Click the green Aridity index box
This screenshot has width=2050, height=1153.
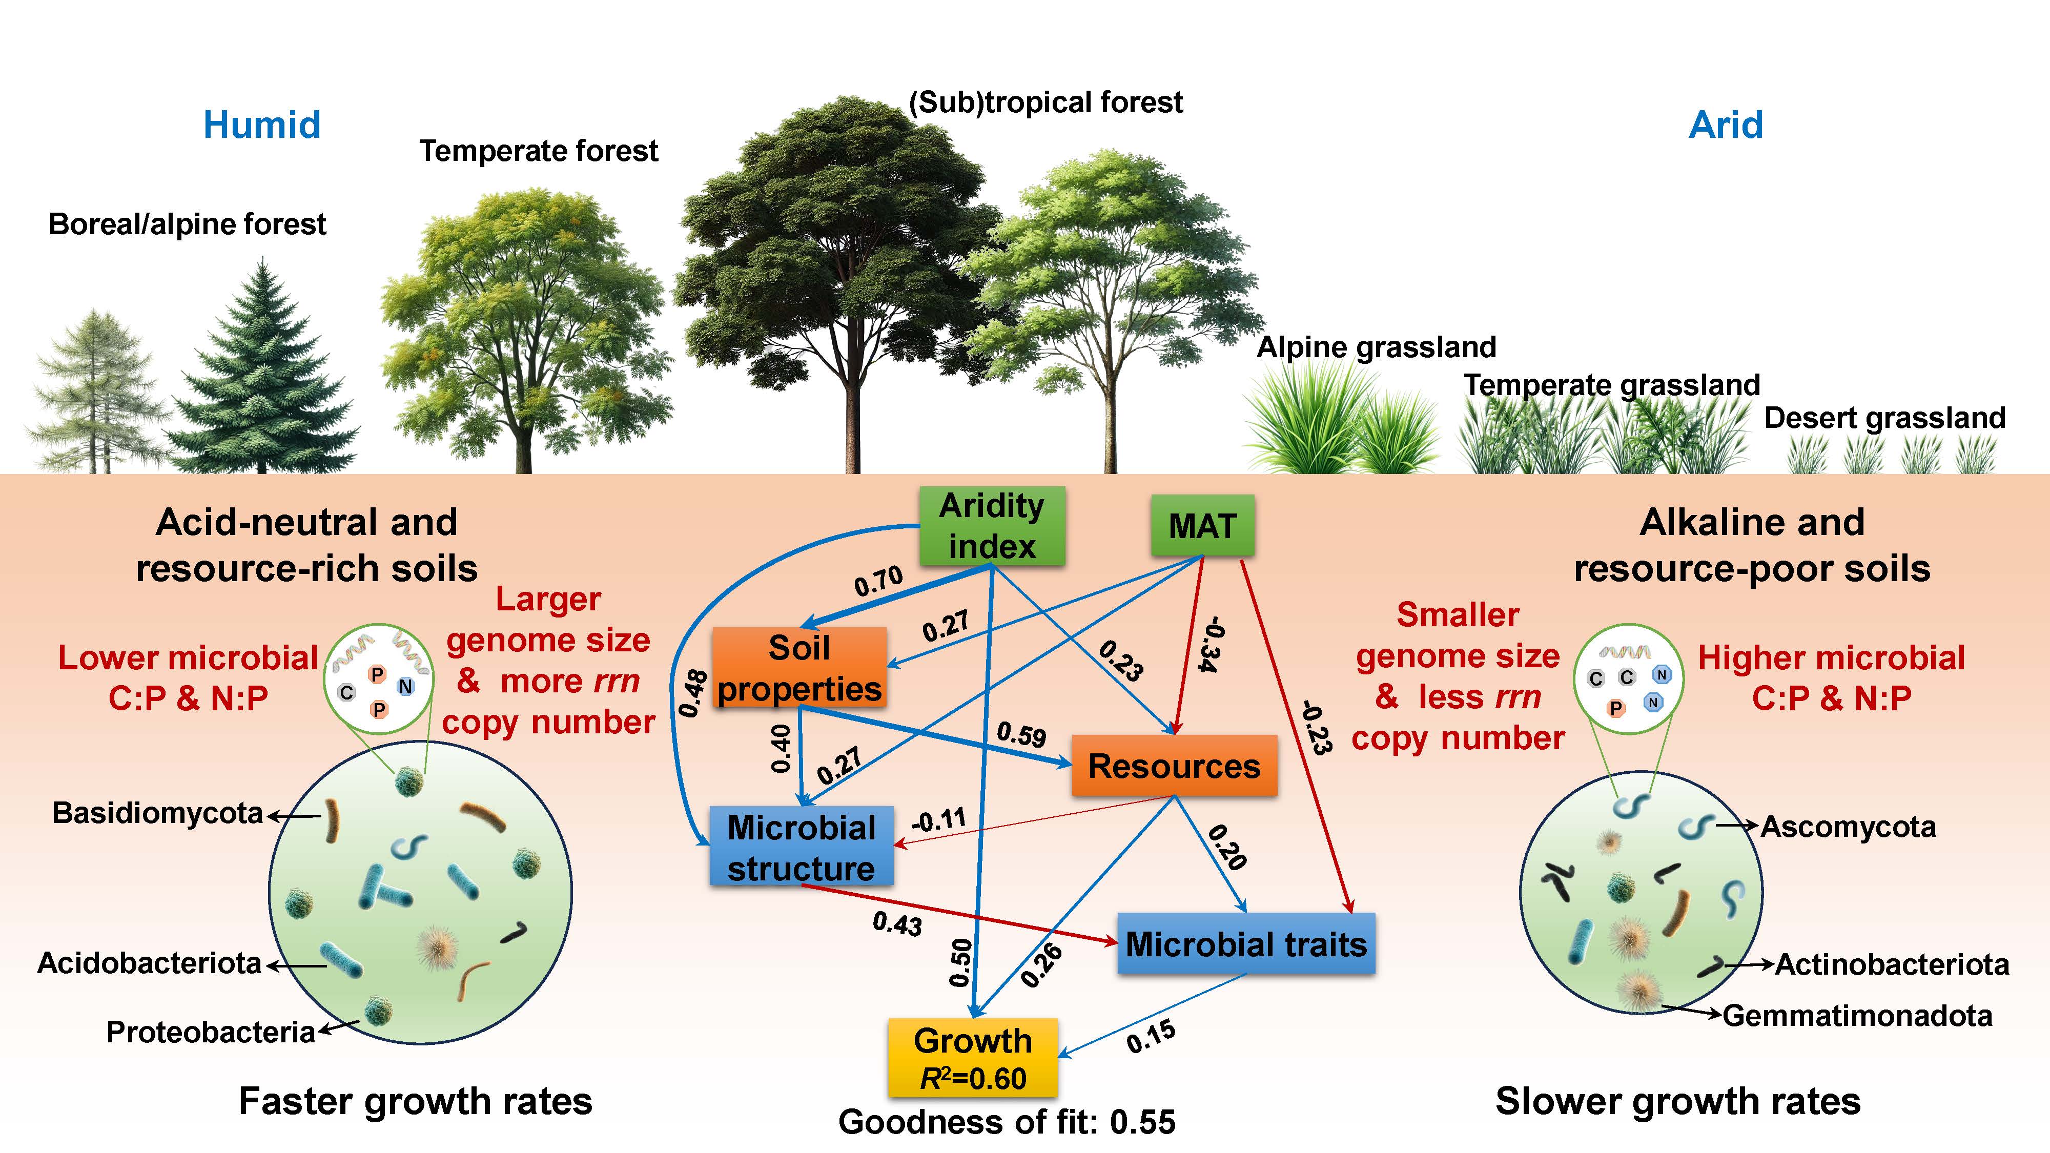(992, 526)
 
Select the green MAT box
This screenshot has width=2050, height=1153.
(1202, 526)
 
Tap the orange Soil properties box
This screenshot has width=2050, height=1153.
(799, 668)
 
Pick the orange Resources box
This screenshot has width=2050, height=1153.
(1174, 766)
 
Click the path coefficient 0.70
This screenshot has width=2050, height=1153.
(878, 581)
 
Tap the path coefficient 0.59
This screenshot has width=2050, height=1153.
(1021, 734)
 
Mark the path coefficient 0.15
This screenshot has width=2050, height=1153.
(1151, 1037)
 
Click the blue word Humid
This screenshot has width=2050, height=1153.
(262, 125)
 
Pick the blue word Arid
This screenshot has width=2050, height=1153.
(1725, 125)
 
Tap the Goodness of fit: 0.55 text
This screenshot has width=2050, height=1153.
(1007, 1122)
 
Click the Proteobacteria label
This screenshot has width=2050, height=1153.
(211, 1032)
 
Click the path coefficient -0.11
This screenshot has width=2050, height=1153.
(939, 819)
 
